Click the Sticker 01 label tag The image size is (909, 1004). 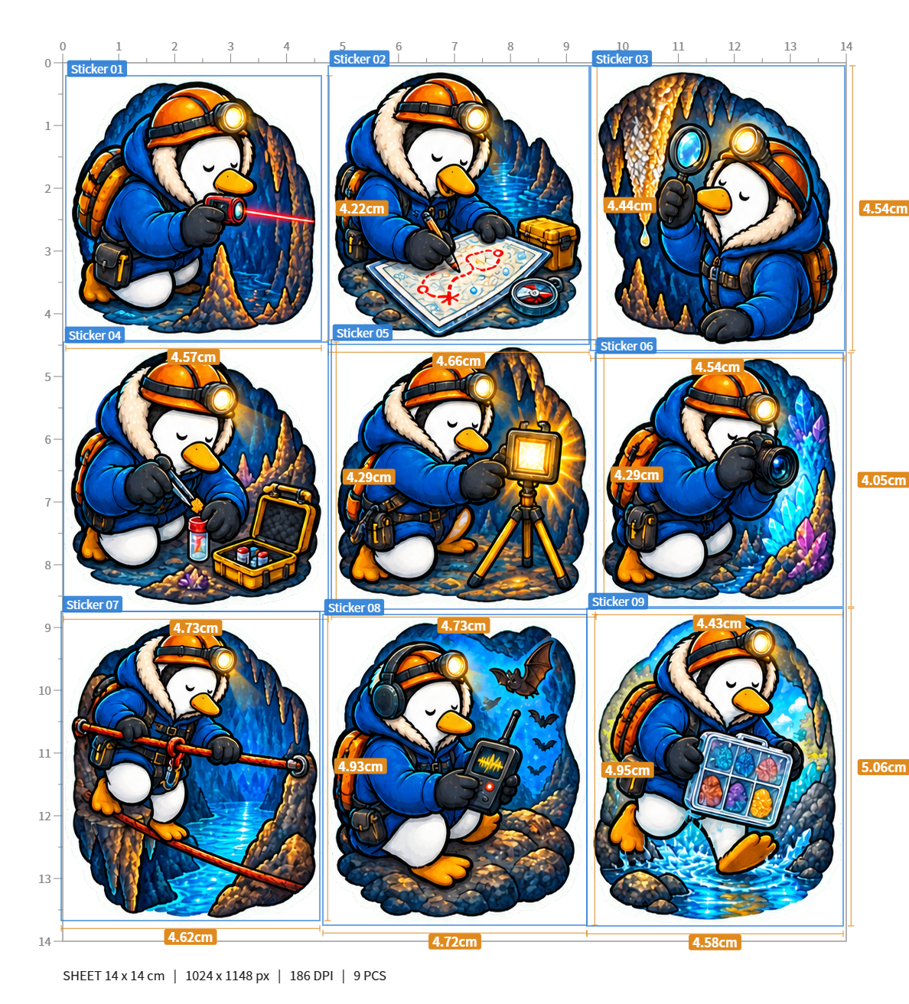(x=96, y=69)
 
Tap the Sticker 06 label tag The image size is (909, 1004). (x=626, y=346)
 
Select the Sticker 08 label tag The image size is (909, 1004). (x=354, y=608)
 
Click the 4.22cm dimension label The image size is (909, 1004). (x=362, y=208)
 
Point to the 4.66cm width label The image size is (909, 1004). (x=458, y=361)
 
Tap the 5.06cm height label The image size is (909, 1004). (x=884, y=768)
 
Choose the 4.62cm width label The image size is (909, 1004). (x=191, y=937)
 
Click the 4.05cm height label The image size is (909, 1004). (x=884, y=481)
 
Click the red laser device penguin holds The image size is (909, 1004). (x=226, y=208)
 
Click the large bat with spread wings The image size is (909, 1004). (x=525, y=669)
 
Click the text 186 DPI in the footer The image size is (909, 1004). (x=311, y=976)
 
